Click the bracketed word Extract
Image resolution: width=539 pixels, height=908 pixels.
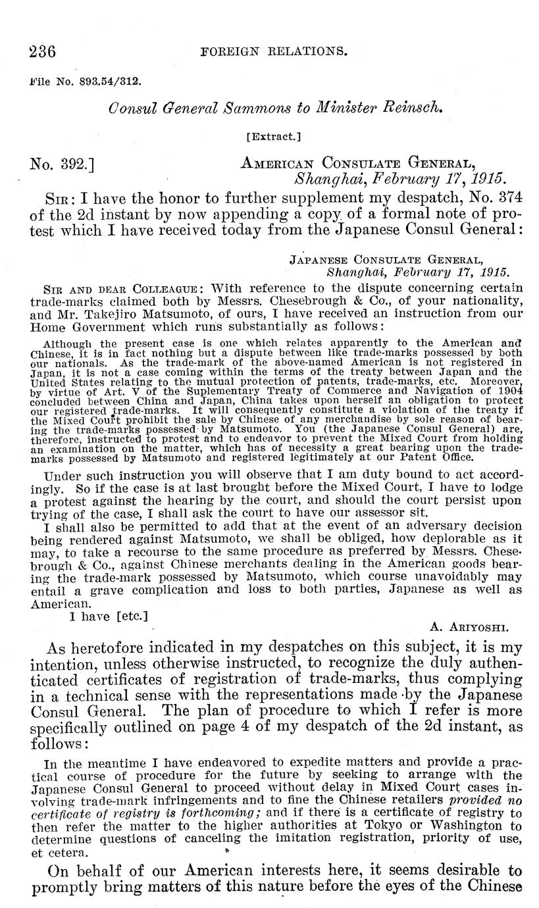tap(272, 137)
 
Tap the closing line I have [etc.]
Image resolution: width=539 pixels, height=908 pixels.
tap(109, 617)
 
